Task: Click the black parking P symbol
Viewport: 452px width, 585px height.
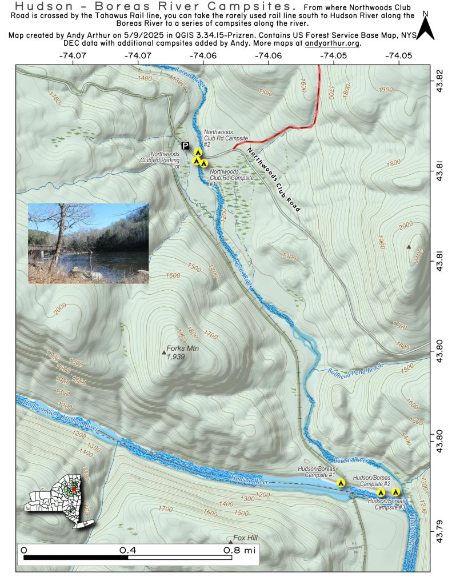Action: point(185,146)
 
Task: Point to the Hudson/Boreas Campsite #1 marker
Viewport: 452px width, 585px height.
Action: point(341,483)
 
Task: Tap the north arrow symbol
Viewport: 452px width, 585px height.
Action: point(425,26)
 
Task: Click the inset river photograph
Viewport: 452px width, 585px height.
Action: point(89,243)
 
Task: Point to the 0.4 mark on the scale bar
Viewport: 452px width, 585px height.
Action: point(127,550)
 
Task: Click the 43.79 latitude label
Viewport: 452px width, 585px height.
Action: point(439,523)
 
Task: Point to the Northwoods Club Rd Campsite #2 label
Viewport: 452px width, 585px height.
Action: point(227,138)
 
